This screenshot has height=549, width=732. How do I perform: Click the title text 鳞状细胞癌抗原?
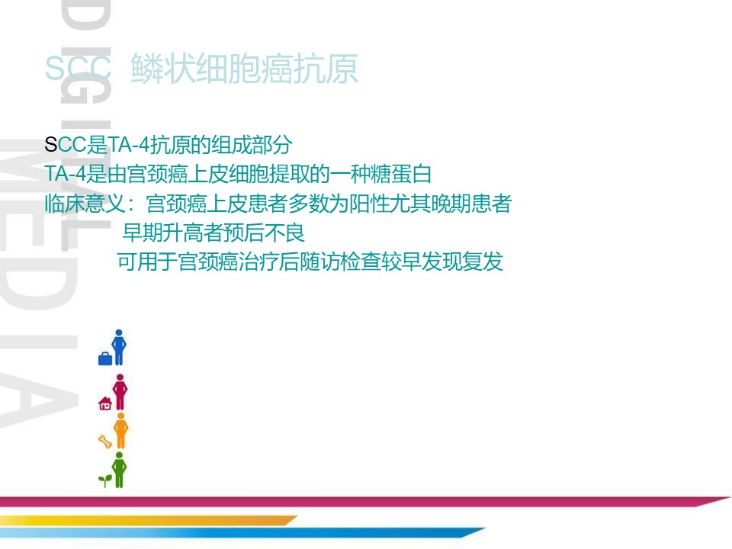click(244, 69)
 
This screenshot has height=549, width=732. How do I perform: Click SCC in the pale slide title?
click(78, 69)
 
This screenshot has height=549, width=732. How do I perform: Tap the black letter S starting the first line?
click(50, 145)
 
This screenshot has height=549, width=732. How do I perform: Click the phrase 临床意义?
click(85, 203)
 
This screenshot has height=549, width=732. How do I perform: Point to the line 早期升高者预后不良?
click(213, 233)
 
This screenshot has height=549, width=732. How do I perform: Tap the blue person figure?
click(119, 348)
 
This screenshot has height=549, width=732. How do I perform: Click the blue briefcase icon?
click(105, 358)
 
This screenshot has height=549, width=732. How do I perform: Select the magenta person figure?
click(120, 392)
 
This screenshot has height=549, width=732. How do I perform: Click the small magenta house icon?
click(105, 403)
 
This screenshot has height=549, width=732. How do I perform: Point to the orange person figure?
click(120, 431)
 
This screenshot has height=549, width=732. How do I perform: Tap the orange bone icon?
click(105, 441)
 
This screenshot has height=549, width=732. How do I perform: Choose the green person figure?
click(120, 470)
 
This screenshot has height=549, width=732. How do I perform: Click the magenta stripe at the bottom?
click(364, 502)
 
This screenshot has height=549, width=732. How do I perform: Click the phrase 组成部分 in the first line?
click(252, 145)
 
